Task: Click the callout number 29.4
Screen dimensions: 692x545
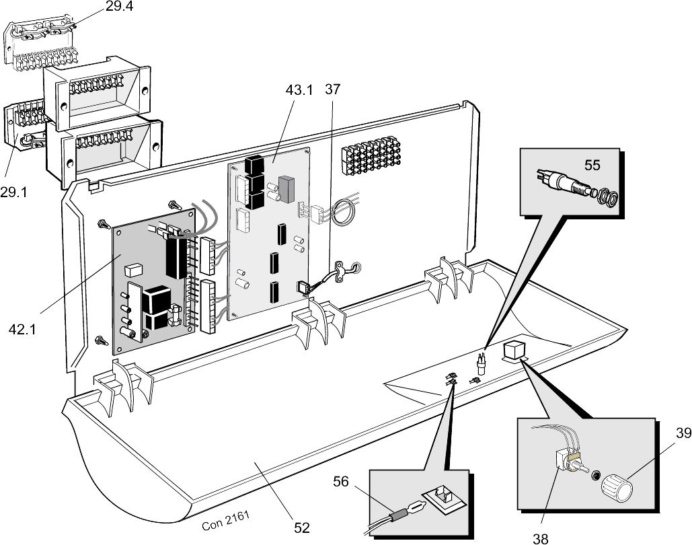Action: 119,7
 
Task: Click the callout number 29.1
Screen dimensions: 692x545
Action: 13,192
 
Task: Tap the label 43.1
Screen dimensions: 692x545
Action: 299,90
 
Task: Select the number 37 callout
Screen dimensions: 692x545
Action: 333,89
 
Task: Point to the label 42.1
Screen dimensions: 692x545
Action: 22,329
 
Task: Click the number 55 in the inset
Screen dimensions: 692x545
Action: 592,165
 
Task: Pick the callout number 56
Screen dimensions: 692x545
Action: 341,481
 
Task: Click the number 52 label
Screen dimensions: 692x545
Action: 302,528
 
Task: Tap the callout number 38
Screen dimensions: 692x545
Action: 541,538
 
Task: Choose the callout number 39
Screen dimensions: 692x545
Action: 684,433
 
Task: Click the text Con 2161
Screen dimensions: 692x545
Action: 225,520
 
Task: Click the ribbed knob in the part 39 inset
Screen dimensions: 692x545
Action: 617,487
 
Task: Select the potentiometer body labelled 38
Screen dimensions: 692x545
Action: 564,460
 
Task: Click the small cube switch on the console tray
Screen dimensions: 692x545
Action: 513,350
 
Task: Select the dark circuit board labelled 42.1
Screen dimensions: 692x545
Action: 155,282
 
